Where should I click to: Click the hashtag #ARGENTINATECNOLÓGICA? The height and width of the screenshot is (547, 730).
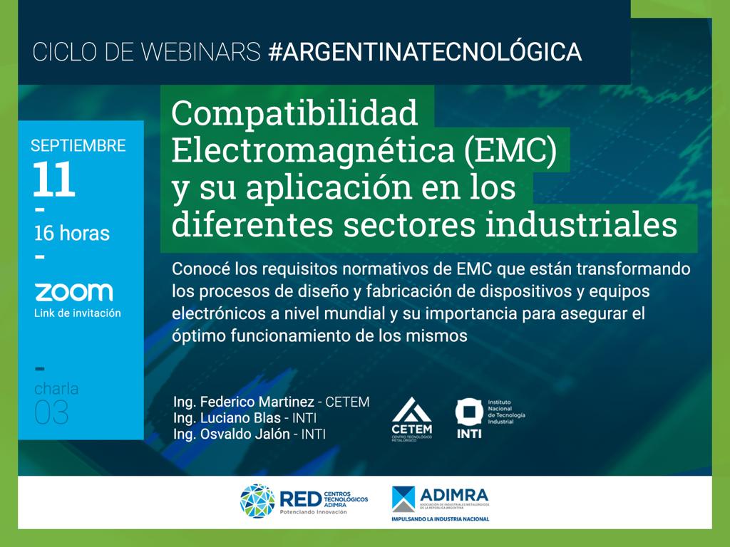(425, 51)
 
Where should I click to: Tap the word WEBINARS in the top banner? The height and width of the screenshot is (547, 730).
(200, 51)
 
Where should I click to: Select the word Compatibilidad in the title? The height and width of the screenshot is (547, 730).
(294, 114)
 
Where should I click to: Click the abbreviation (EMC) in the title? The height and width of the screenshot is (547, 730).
(510, 150)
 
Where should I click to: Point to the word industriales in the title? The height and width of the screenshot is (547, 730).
(581, 224)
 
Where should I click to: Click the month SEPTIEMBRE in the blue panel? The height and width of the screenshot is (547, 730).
(78, 145)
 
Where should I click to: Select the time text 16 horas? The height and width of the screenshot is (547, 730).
(72, 234)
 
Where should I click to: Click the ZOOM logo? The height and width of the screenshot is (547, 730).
(74, 292)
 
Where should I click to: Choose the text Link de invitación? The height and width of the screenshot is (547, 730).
(77, 313)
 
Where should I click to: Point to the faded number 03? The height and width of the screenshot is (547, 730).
(51, 412)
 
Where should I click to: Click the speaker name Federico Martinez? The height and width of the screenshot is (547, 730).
(257, 402)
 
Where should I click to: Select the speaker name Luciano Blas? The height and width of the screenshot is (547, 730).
(240, 417)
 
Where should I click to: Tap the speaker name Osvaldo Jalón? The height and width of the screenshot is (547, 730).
(245, 434)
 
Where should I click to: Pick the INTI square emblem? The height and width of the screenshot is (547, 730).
(469, 412)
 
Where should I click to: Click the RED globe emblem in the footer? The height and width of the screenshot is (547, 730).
(257, 501)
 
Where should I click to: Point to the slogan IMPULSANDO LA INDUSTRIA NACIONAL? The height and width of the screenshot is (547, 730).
(441, 519)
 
